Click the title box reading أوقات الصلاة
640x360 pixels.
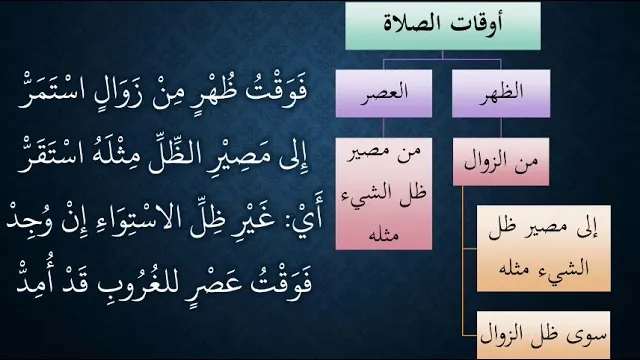point(443,26)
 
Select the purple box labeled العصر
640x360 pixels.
point(384,93)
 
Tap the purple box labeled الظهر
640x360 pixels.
point(501,93)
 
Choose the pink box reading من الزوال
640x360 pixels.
point(501,162)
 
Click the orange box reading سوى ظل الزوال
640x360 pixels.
point(544,335)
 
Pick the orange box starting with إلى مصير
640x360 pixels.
point(544,249)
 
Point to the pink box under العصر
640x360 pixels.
point(384,193)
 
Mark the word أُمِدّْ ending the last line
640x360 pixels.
point(35,281)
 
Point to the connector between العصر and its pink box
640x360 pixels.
point(383,128)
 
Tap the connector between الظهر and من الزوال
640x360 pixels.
point(501,128)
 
